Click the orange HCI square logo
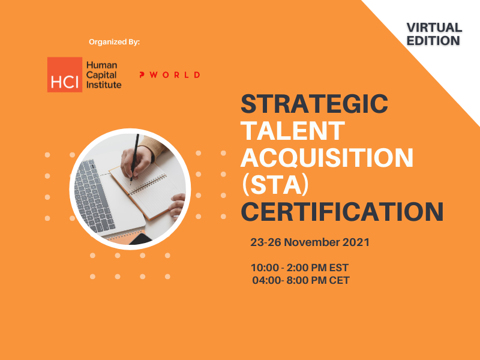[65, 74]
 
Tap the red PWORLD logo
[170, 75]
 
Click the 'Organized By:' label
[114, 42]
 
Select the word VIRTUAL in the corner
[434, 28]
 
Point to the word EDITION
[433, 41]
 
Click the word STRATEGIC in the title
[314, 104]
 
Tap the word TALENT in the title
[293, 131]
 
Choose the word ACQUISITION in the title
[327, 157]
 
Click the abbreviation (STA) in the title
[275, 185]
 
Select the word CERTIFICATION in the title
[342, 212]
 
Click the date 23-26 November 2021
[310, 242]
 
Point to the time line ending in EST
[299, 268]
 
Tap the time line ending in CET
[301, 280]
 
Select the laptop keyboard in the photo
[94, 197]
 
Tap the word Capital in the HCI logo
[101, 75]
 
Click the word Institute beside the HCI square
[104, 85]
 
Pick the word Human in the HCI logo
[101, 65]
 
